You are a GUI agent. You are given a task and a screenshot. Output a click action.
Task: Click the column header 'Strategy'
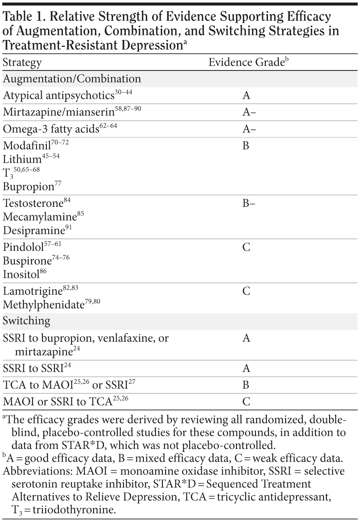coord(22,63)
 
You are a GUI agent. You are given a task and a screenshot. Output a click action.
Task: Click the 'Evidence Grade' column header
coord(246,63)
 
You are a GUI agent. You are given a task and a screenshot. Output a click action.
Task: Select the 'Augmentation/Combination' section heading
coord(72,79)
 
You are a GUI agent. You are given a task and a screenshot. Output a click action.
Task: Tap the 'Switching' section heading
coord(27,321)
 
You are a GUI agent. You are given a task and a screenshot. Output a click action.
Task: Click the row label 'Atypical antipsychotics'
coord(59,96)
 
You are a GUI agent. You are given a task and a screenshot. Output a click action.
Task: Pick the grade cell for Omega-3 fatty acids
coord(249,129)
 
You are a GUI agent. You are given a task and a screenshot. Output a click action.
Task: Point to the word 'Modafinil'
coord(27,146)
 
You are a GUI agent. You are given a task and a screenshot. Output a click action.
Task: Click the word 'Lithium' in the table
coord(22,159)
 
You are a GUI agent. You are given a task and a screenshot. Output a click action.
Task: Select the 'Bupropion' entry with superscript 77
coord(28,186)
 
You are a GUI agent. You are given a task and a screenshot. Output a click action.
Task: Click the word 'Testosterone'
coord(33,203)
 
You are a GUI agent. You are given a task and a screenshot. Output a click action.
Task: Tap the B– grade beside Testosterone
coord(249,203)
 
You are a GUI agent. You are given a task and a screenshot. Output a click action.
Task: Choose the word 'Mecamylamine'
coord(40,217)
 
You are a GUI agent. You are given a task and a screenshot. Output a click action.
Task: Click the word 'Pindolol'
coord(23,247)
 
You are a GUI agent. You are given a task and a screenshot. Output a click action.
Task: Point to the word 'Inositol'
coord(21,274)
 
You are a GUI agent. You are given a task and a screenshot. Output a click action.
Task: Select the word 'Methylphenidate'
coord(44,305)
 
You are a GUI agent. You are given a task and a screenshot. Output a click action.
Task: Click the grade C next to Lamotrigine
coord(246,291)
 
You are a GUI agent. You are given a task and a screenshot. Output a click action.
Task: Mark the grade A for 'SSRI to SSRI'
coord(246,369)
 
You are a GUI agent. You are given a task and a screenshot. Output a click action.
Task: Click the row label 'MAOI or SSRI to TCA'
coord(57,402)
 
